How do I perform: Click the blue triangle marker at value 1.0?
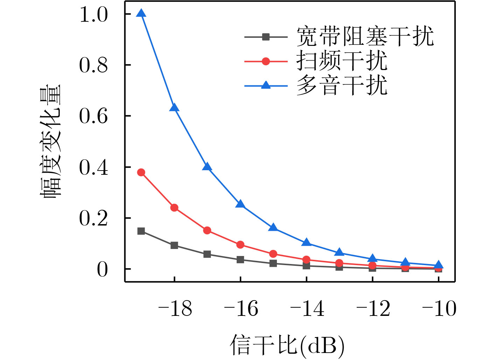tap(141, 14)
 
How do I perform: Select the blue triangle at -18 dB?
tap(174, 108)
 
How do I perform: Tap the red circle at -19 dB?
tap(141, 172)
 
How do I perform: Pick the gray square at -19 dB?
tap(141, 231)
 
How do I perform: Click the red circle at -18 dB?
tap(174, 208)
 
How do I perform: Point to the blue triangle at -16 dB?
tap(240, 204)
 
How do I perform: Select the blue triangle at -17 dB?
tap(207, 167)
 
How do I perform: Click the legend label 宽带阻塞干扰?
tap(365, 36)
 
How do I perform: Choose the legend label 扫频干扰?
tap(342, 61)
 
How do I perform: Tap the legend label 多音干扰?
tap(342, 85)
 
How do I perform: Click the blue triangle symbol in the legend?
tap(266, 85)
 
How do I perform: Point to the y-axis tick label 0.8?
tap(93, 65)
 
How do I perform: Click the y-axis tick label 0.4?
tap(93, 167)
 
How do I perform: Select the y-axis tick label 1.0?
tap(93, 15)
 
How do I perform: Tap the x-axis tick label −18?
tap(175, 309)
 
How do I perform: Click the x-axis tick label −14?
tap(307, 309)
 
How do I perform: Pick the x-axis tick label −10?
tap(439, 309)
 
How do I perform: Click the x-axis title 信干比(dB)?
tap(287, 345)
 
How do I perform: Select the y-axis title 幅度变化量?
tap(51, 142)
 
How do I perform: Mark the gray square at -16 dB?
tap(240, 259)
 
